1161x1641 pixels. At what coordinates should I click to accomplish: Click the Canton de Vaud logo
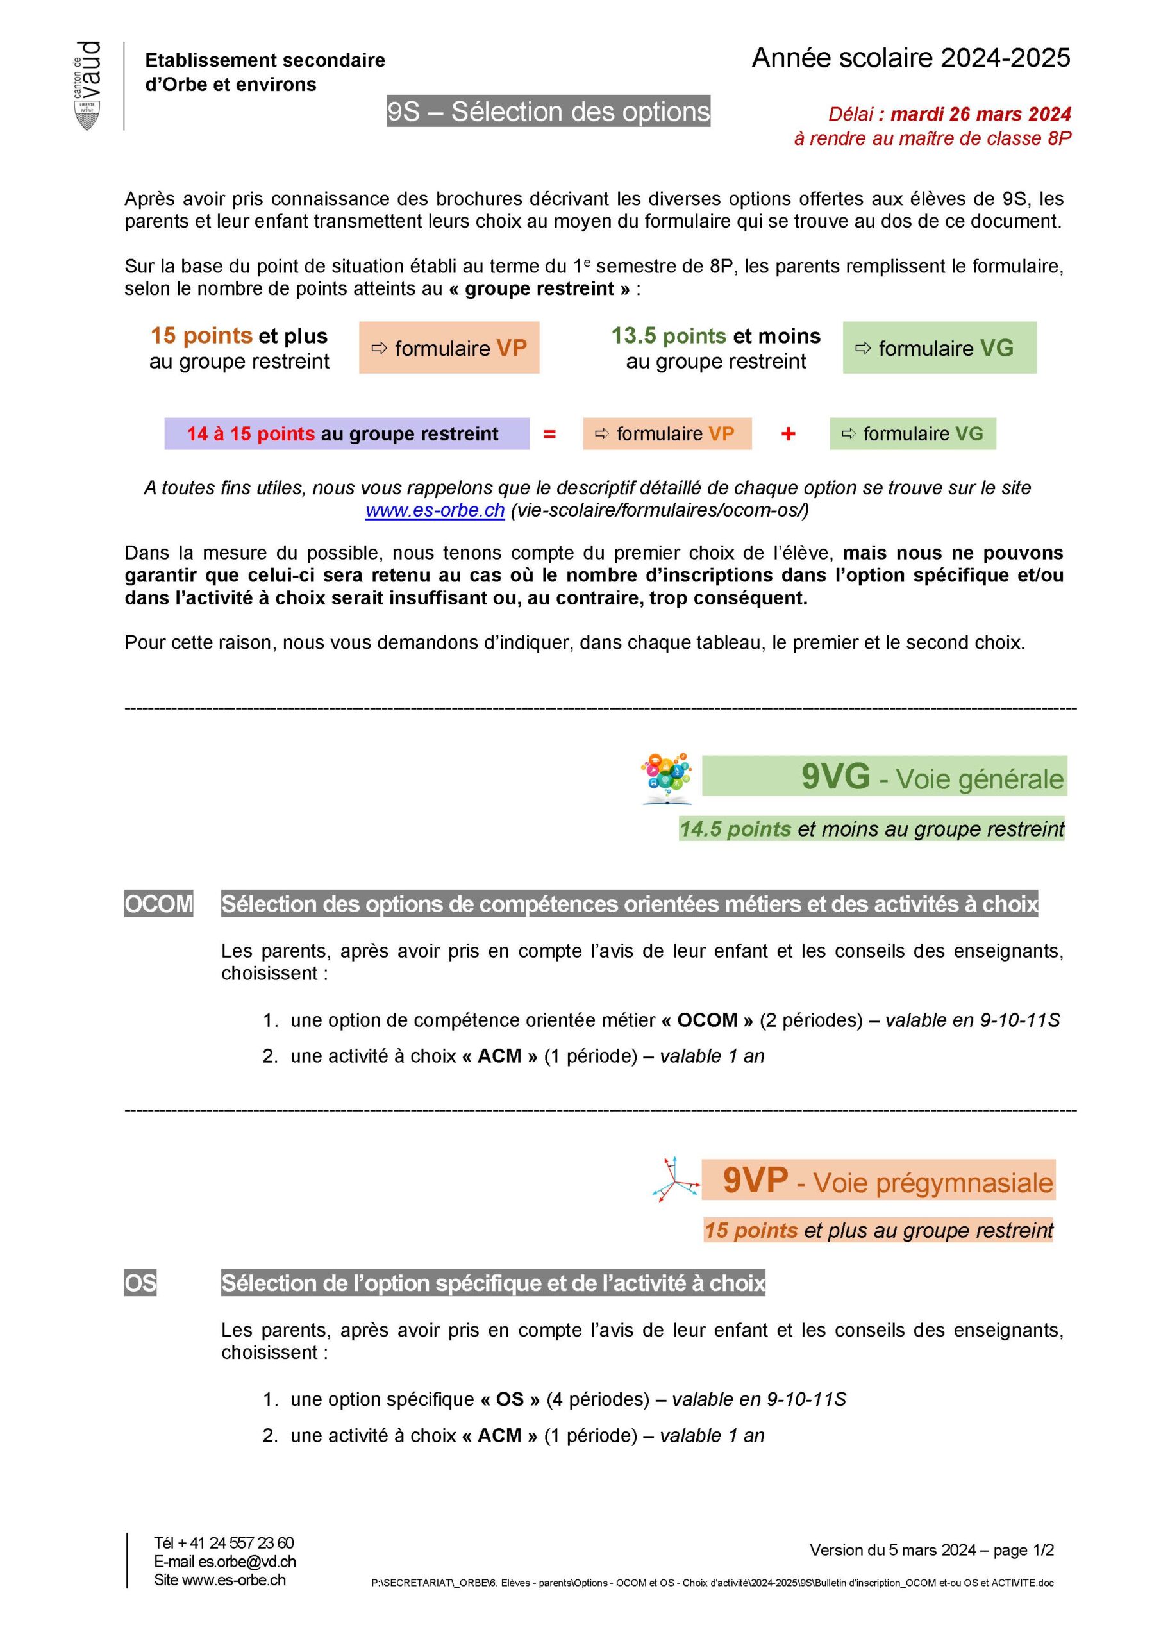pyautogui.click(x=87, y=86)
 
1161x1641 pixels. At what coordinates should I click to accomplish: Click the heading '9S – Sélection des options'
pyautogui.click(x=548, y=112)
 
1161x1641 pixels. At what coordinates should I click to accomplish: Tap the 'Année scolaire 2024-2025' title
pyautogui.click(x=910, y=58)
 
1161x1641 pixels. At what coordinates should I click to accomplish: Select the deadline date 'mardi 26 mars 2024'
pyautogui.click(x=980, y=114)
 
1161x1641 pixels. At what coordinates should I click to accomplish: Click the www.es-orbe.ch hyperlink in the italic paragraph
pyautogui.click(x=435, y=510)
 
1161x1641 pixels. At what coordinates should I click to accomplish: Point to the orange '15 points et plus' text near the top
pyautogui.click(x=238, y=336)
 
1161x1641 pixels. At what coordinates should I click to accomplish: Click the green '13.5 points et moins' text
pyautogui.click(x=715, y=336)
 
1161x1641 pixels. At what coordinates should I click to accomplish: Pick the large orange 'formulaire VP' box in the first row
pyautogui.click(x=449, y=348)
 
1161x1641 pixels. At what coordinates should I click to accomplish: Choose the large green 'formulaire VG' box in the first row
pyautogui.click(x=939, y=348)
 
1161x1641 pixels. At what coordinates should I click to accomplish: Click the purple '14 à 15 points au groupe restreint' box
pyautogui.click(x=347, y=434)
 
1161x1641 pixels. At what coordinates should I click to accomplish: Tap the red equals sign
pyautogui.click(x=549, y=434)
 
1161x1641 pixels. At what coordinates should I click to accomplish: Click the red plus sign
pyautogui.click(x=788, y=434)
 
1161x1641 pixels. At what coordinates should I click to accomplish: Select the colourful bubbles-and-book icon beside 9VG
pyautogui.click(x=666, y=778)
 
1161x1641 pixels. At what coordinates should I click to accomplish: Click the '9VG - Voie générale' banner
pyautogui.click(x=883, y=776)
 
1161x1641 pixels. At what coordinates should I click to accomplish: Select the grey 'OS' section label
pyautogui.click(x=140, y=1283)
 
